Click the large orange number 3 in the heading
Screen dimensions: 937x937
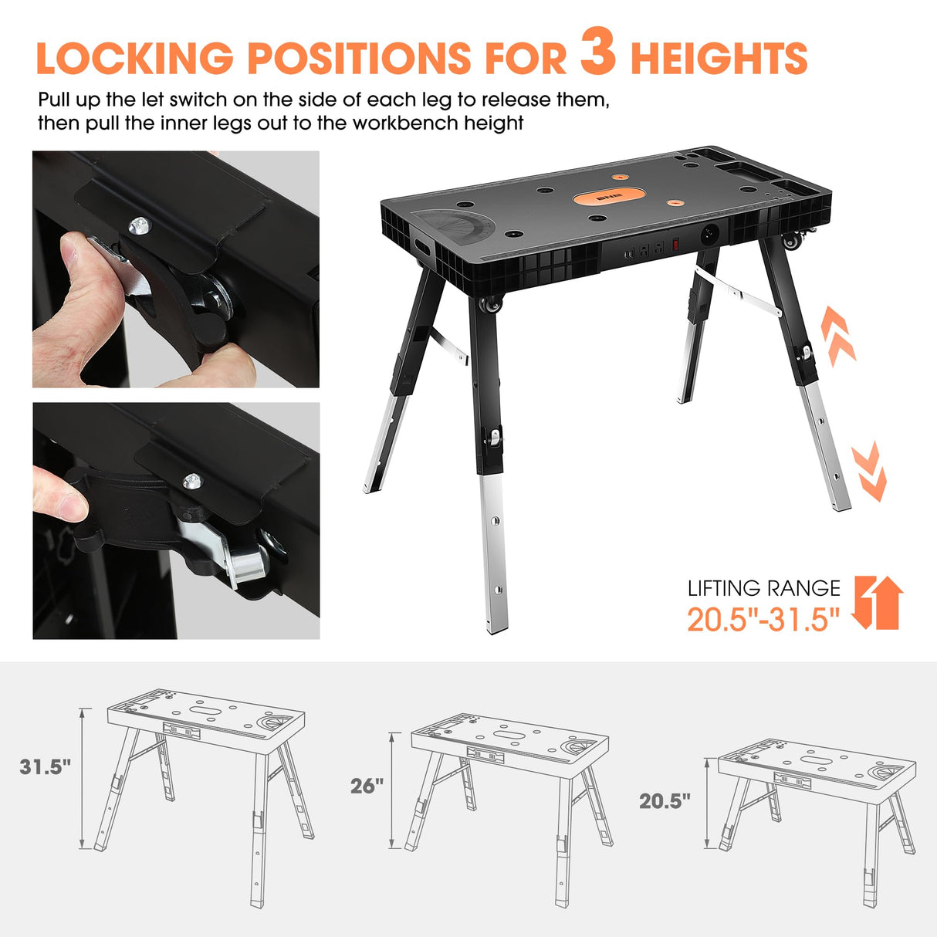(598, 51)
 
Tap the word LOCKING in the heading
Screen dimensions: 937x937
(134, 59)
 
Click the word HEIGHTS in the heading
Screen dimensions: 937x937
(719, 59)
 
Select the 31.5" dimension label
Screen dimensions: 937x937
(45, 766)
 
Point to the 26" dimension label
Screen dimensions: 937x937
(367, 786)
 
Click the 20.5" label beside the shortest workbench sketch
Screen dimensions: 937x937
(665, 801)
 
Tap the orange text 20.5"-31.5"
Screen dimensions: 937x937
(763, 619)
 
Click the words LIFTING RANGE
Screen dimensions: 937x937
(763, 588)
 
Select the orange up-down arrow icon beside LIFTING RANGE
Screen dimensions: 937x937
(878, 602)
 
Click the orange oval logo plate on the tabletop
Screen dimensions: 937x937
(608, 198)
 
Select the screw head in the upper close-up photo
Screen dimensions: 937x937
(139, 225)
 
